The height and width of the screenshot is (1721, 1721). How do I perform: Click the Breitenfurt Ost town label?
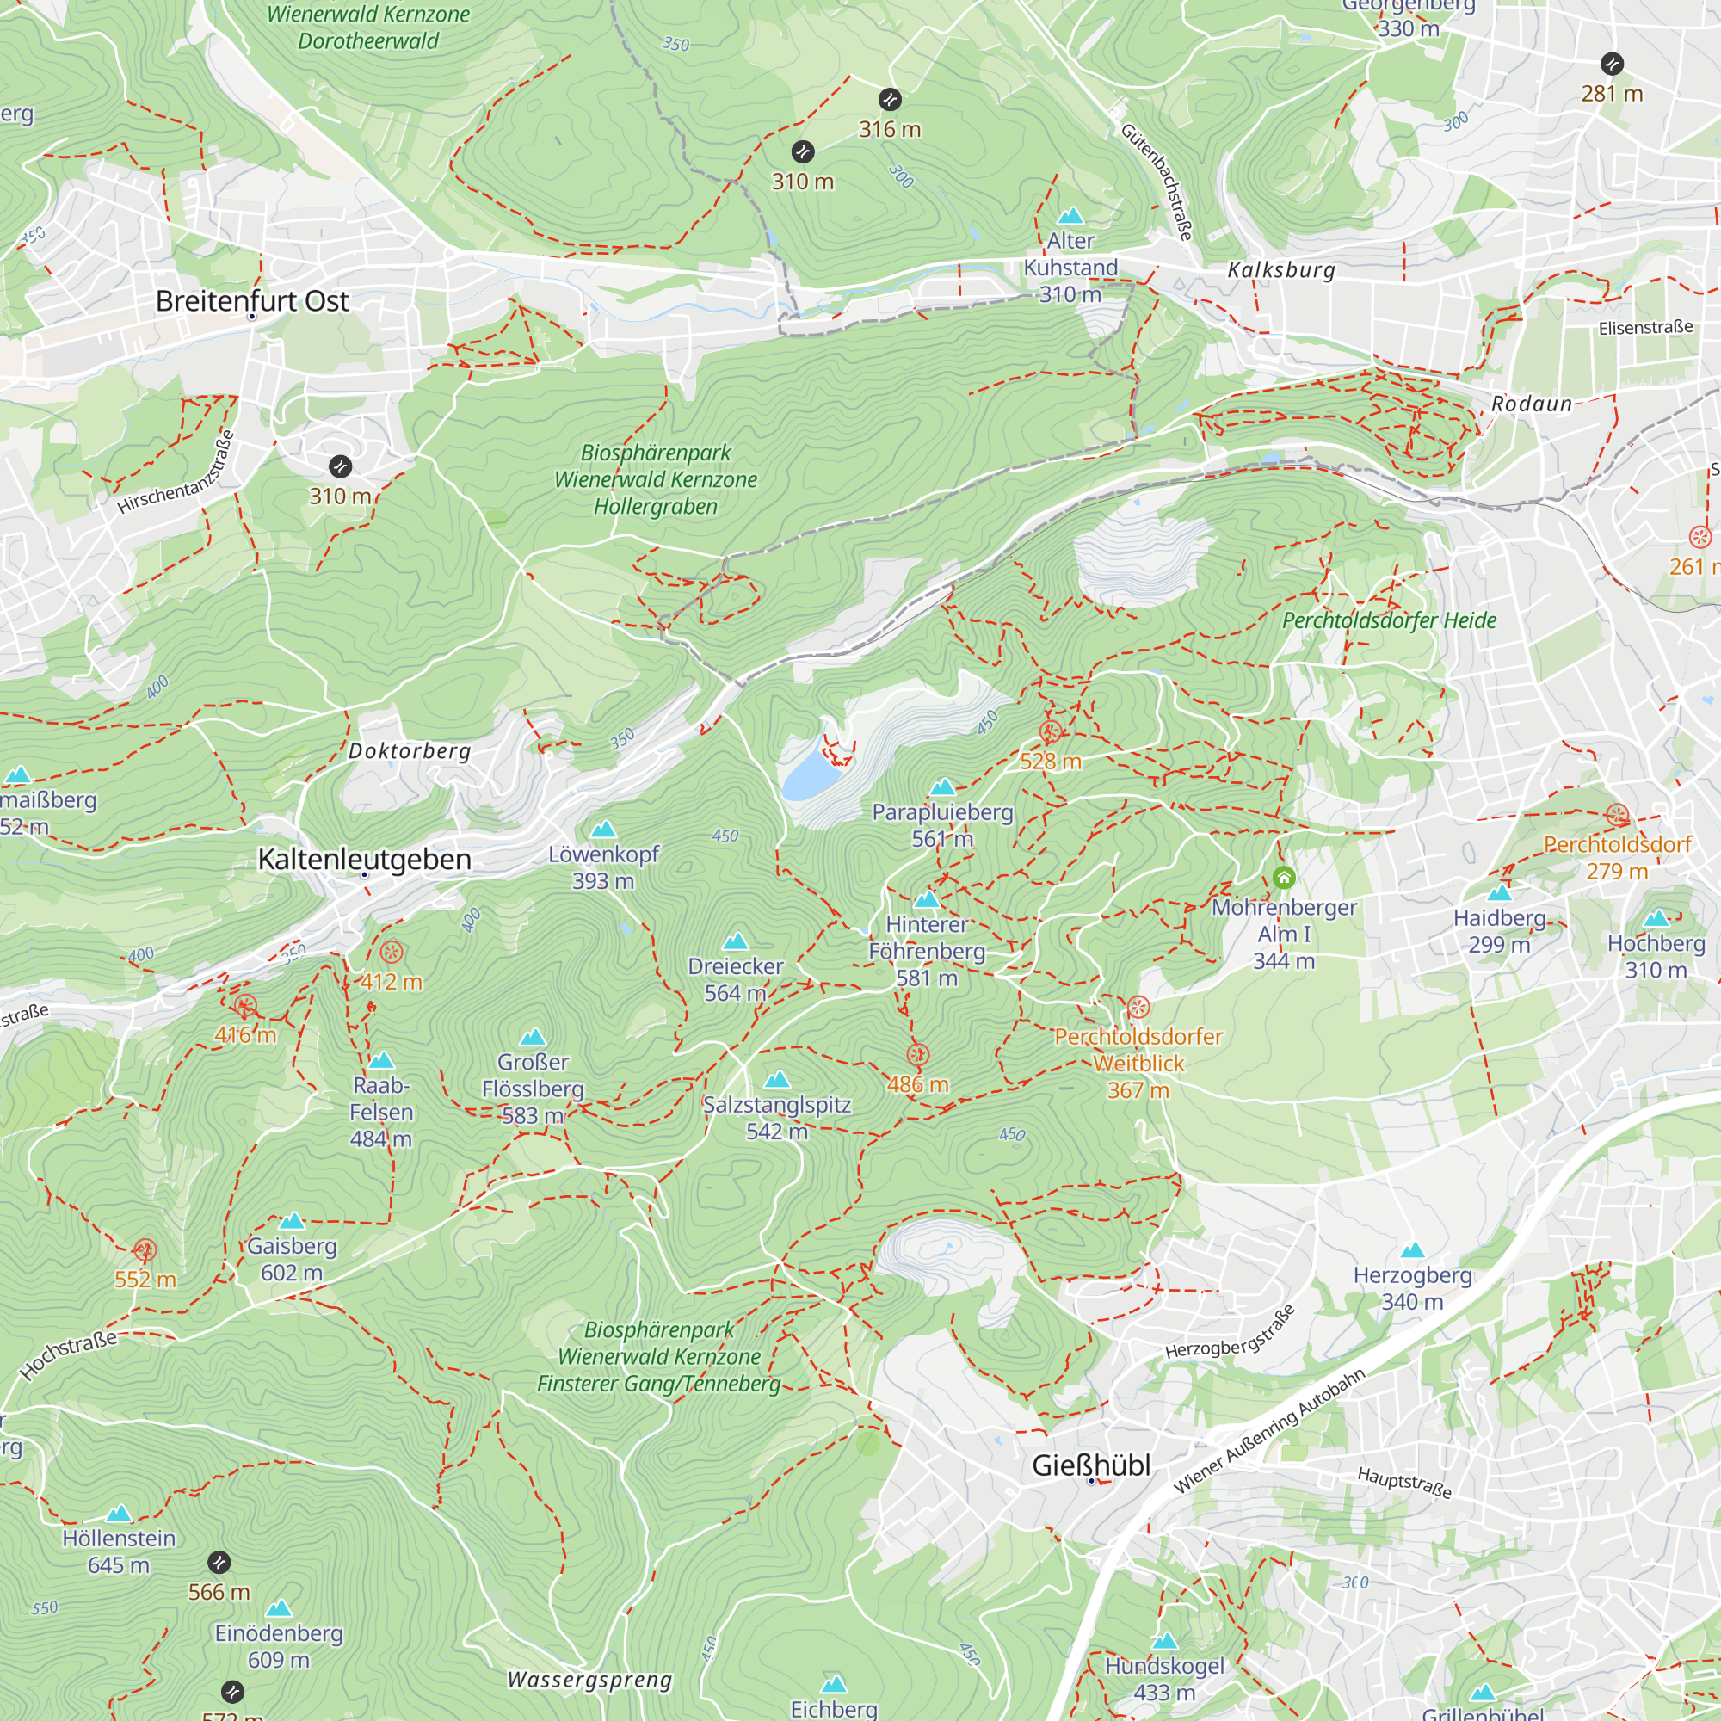coord(252,301)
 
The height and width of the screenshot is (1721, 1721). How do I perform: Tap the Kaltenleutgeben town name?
coord(364,860)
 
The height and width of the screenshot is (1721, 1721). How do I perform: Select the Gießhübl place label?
coord(1091,1465)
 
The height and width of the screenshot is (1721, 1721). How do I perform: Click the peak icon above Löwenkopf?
coord(603,830)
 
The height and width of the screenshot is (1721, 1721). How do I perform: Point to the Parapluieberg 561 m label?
coord(942,825)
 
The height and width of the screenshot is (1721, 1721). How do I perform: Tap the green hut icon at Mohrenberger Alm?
coord(1284,879)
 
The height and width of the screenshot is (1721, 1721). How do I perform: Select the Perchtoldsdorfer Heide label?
coord(1389,621)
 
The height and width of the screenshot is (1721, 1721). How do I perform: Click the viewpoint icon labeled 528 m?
coord(1050,733)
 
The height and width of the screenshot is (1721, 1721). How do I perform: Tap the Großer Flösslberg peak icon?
coord(533,1037)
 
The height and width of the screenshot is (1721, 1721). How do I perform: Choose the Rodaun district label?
coord(1532,404)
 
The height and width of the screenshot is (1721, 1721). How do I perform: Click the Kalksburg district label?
coord(1281,271)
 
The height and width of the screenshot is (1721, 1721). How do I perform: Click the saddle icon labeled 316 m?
coord(890,100)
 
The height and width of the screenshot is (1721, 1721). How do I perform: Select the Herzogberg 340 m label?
coord(1412,1288)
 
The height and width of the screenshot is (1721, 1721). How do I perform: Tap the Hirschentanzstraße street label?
coord(177,474)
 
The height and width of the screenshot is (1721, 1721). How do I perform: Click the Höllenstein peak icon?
coord(120,1514)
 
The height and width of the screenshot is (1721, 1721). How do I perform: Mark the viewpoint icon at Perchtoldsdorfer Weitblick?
coord(1138,1009)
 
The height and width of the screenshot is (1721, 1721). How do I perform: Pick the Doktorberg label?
coord(410,751)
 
